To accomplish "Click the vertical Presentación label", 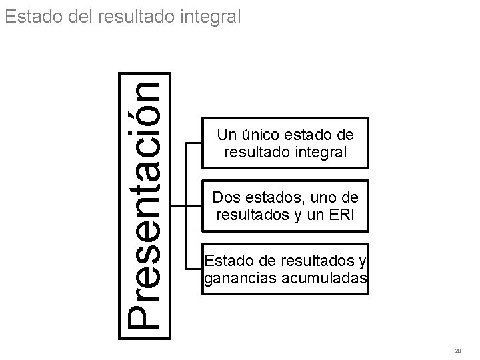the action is click(143, 206).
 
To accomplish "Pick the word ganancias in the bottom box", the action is click(234, 277).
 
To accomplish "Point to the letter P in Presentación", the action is click(143, 313).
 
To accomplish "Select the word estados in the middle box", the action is click(275, 197).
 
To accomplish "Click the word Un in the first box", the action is click(225, 135).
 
